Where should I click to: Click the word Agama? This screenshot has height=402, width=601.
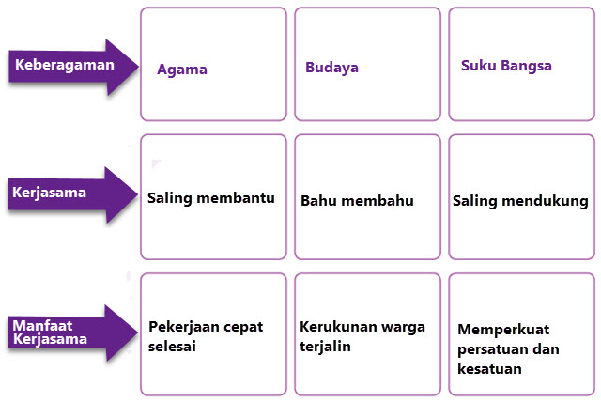coord(182,70)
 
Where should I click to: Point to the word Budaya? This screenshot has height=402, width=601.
coord(331,68)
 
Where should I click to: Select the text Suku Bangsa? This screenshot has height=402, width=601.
coord(507,66)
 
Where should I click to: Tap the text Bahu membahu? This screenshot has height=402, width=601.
coord(357,201)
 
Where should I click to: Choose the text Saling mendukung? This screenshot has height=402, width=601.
coord(520,201)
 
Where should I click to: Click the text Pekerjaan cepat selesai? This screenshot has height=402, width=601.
coord(206,336)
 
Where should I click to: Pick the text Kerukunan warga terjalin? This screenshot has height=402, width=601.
coord(362,336)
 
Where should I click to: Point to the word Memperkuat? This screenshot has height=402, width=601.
coord(504,330)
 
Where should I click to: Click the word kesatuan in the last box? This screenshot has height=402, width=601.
coord(490,369)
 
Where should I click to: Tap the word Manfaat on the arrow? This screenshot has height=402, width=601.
coord(42,324)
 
